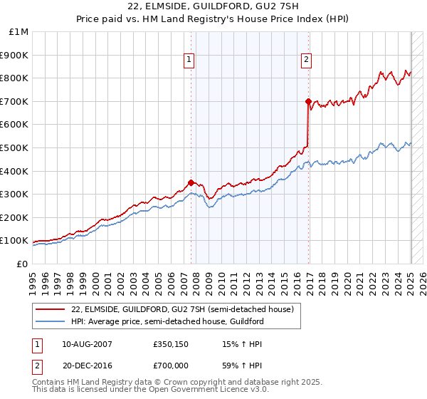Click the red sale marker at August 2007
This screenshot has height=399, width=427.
(x=191, y=182)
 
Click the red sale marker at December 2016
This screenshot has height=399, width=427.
(x=308, y=101)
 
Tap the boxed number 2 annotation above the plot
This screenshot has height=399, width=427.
(x=307, y=61)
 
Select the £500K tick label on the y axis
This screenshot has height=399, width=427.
(x=16, y=148)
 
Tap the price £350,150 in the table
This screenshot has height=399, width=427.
(x=169, y=344)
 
